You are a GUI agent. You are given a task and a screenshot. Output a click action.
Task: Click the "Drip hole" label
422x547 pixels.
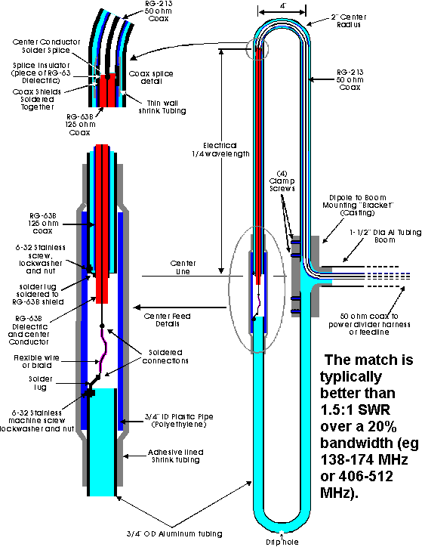point(282,542)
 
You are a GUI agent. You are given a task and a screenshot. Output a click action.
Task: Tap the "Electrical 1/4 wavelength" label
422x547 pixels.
point(220,150)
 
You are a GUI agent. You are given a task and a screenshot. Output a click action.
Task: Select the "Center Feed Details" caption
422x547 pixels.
point(168,320)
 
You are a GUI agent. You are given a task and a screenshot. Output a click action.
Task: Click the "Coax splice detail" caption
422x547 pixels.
point(151,78)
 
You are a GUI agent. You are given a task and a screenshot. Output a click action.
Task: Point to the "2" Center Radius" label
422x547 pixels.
point(349,21)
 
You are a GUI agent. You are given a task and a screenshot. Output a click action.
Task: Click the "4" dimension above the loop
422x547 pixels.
point(283,6)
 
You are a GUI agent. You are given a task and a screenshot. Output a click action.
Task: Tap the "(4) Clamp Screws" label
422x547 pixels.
point(282,181)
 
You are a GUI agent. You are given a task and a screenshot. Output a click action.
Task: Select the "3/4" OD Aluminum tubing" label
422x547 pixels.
point(174,533)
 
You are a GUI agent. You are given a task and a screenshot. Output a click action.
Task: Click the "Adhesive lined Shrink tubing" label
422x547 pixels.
point(176,456)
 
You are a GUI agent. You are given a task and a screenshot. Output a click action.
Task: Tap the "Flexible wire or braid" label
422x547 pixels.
point(36,362)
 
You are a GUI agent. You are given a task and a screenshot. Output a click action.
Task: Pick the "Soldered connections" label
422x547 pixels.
point(165,357)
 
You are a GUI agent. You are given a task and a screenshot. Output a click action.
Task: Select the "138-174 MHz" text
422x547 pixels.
point(364,459)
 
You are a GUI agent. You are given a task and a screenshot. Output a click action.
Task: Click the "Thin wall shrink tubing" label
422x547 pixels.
point(162,107)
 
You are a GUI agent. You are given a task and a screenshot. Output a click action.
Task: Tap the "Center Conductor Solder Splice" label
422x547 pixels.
point(46,46)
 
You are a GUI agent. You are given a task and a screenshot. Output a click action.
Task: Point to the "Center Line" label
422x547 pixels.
point(183,267)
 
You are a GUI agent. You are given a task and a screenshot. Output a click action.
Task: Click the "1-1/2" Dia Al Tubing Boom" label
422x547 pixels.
point(386,236)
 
